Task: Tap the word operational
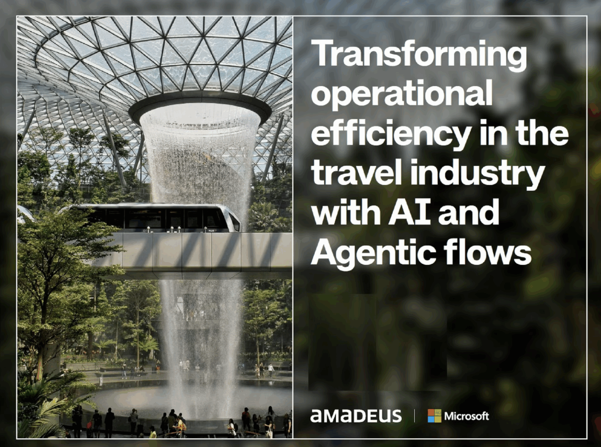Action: pos(401,96)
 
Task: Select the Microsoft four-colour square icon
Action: pos(435,416)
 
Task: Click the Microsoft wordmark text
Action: pos(466,416)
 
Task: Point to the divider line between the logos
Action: pos(414,416)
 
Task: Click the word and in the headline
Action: pos(468,214)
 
